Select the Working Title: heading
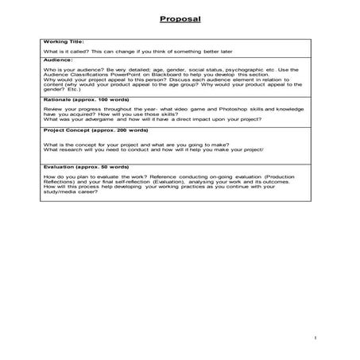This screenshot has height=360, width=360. coord(62,42)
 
